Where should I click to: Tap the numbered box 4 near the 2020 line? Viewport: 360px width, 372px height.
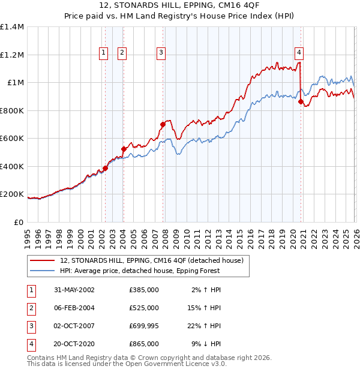click(x=299, y=52)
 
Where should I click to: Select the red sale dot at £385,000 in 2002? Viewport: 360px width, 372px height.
click(x=105, y=169)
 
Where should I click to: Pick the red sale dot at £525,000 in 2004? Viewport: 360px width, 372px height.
click(x=123, y=149)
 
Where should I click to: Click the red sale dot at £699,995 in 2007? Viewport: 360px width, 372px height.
click(x=163, y=125)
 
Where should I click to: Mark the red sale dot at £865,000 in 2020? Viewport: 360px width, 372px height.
click(x=301, y=102)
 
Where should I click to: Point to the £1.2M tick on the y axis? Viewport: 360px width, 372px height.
click(x=12, y=55)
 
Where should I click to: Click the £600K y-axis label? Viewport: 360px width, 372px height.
click(x=12, y=139)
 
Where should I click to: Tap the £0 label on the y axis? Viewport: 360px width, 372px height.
click(x=18, y=223)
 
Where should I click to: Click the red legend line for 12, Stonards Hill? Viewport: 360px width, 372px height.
click(x=42, y=261)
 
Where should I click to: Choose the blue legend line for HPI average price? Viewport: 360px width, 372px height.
click(x=42, y=271)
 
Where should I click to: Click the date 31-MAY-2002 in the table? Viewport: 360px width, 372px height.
click(x=74, y=290)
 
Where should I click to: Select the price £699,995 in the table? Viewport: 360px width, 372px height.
click(x=143, y=326)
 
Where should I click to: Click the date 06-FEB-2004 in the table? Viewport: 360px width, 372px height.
click(x=74, y=308)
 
